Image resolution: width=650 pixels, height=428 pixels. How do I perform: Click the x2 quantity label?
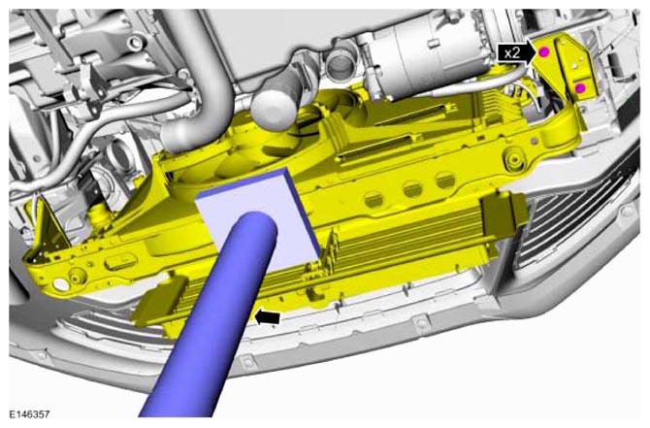click(x=512, y=53)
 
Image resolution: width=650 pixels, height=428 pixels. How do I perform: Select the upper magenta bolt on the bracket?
click(x=544, y=51)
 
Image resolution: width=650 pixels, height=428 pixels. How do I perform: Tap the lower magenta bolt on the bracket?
click(x=580, y=88)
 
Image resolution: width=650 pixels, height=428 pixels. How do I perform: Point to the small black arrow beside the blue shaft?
click(x=268, y=318)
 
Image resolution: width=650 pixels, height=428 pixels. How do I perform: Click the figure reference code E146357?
click(x=29, y=414)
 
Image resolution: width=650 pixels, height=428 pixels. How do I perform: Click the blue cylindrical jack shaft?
click(x=211, y=315)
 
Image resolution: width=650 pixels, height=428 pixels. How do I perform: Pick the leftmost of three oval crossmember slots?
click(x=374, y=200)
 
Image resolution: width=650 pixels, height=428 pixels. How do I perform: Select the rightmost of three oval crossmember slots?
click(x=445, y=181)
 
